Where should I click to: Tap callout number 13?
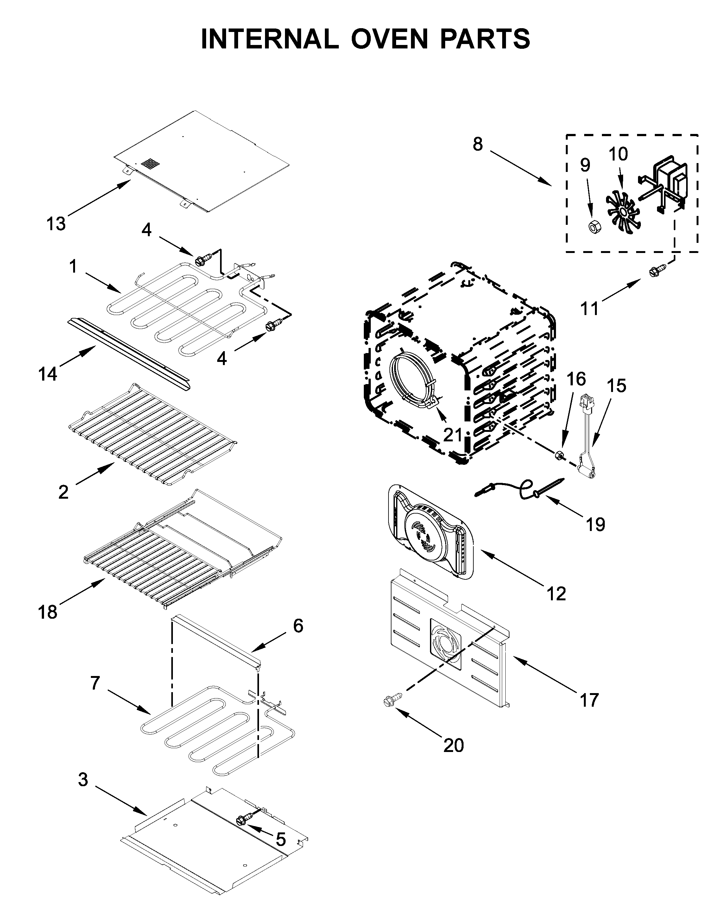click(x=56, y=224)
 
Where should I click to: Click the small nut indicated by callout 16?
click(x=559, y=455)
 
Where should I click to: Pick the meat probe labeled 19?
click(x=520, y=489)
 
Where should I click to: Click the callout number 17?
click(x=589, y=699)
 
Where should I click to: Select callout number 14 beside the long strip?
click(x=47, y=373)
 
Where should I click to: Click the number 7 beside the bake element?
click(x=95, y=683)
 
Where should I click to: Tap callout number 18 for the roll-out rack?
click(x=47, y=612)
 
